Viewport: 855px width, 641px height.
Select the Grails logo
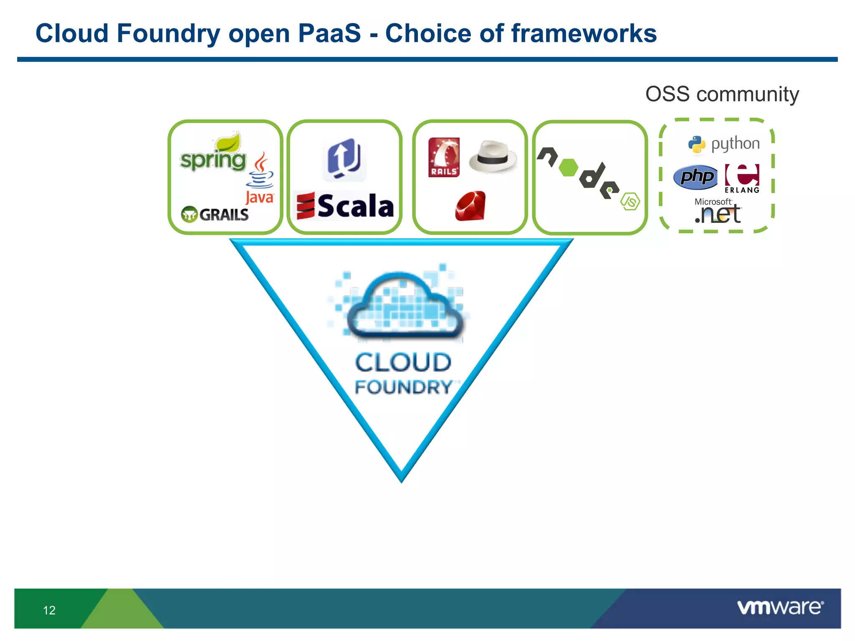click(x=215, y=215)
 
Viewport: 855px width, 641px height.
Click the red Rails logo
click(x=444, y=157)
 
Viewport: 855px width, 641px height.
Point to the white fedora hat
click(x=493, y=157)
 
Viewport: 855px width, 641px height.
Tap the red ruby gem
click(x=471, y=206)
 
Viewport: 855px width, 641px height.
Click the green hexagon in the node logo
click(x=568, y=167)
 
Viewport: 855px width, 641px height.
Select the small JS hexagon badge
click(x=630, y=202)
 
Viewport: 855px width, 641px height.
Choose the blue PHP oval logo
click(x=696, y=177)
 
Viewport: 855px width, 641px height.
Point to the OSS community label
click(x=722, y=94)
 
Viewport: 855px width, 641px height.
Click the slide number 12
click(x=49, y=610)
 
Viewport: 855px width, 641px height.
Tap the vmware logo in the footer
click(x=780, y=607)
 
